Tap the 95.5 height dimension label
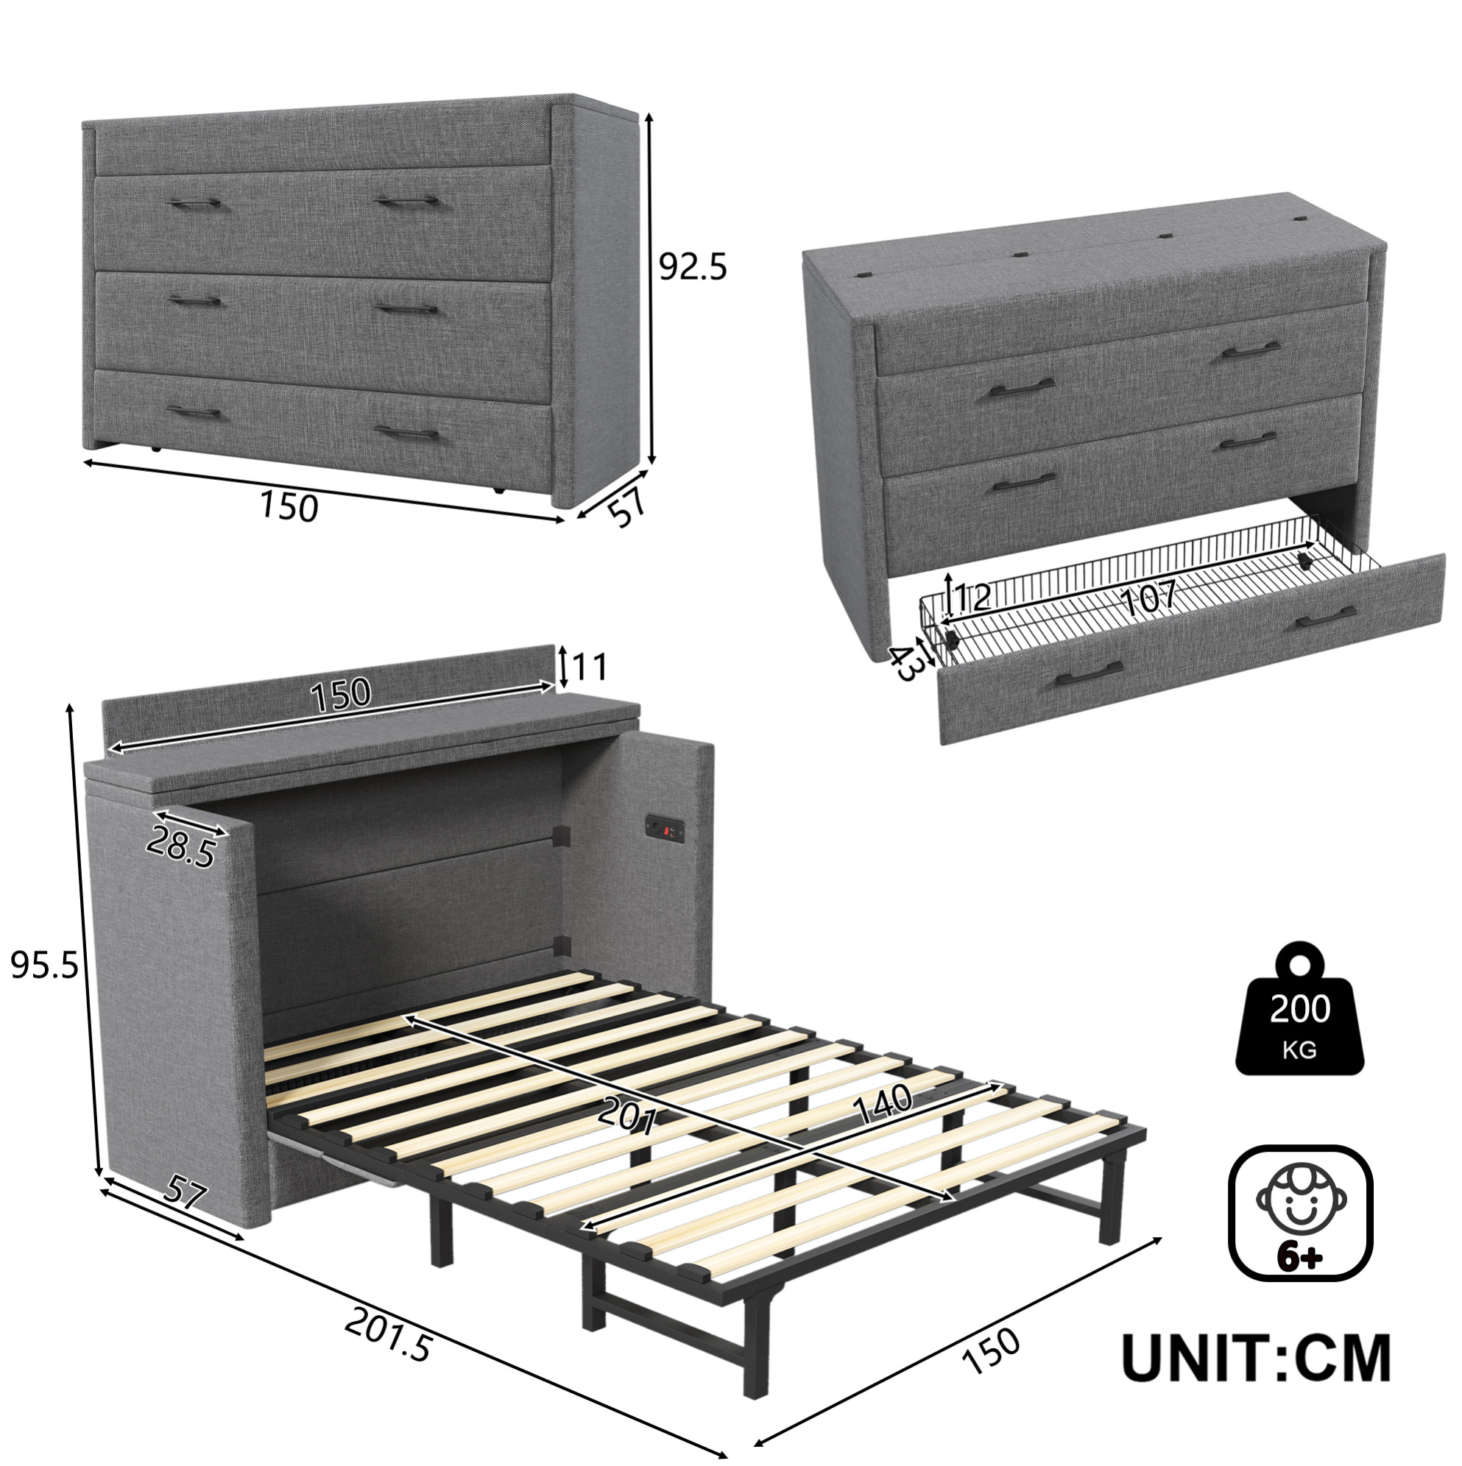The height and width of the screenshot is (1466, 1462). (44, 966)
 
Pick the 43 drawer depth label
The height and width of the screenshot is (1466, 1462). (906, 662)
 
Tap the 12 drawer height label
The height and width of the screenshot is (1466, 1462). (972, 598)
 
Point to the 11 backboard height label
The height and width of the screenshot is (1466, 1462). (590, 667)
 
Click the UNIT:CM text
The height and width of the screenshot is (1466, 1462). (1257, 1359)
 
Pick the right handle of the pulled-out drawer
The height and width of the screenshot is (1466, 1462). (1326, 617)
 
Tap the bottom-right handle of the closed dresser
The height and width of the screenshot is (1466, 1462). (407, 433)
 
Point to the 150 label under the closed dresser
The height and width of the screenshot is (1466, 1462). (289, 506)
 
